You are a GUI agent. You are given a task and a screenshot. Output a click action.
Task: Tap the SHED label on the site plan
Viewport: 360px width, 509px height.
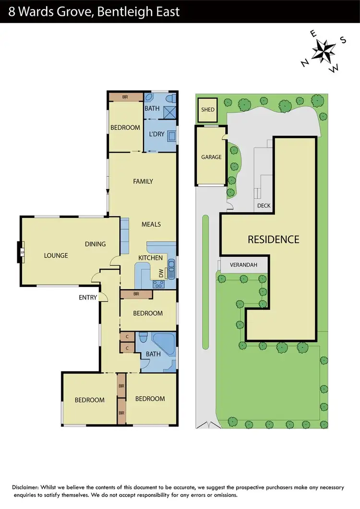pyautogui.click(x=208, y=109)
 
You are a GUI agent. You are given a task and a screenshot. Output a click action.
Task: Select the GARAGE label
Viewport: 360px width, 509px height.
pyautogui.click(x=211, y=157)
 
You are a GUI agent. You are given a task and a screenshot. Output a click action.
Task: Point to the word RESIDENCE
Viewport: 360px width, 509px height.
pyautogui.click(x=273, y=239)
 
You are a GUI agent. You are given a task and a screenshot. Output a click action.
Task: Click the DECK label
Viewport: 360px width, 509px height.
pyautogui.click(x=264, y=206)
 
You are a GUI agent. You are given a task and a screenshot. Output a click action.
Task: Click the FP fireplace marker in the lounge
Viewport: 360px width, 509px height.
pyautogui.click(x=22, y=253)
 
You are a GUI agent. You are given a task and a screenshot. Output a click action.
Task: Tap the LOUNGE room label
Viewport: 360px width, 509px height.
pyautogui.click(x=56, y=256)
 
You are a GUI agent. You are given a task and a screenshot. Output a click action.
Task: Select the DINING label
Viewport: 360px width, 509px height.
pyautogui.click(x=95, y=244)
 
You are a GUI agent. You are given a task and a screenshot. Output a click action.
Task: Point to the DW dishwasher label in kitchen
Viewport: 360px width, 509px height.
pyautogui.click(x=161, y=273)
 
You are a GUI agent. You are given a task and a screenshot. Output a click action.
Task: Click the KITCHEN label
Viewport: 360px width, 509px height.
pyautogui.click(x=150, y=258)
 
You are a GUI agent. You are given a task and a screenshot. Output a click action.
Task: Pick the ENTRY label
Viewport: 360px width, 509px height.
pyautogui.click(x=88, y=297)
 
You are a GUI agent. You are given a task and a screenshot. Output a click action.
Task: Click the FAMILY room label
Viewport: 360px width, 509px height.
pyautogui.click(x=143, y=181)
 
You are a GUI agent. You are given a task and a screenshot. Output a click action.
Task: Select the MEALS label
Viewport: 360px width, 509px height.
pyautogui.click(x=151, y=224)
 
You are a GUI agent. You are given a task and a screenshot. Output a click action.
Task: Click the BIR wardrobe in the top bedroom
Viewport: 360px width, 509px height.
pyautogui.click(x=125, y=96)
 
